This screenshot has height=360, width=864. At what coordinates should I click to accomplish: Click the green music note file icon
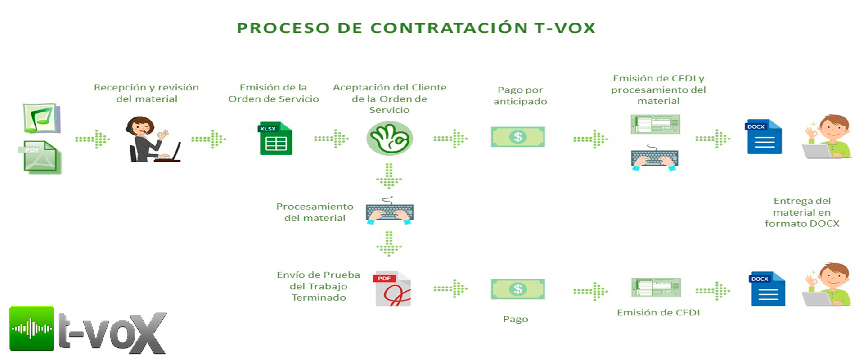[x=42, y=118]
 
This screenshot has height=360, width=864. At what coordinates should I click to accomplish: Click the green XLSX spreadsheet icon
[x=276, y=138]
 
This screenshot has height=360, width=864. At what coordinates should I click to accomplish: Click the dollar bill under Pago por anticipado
[x=517, y=137]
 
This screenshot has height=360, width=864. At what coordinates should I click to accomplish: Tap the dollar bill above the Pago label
[x=517, y=289]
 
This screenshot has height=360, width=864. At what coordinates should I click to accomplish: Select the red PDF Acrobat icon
[x=392, y=289]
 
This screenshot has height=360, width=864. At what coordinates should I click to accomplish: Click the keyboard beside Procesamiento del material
[x=389, y=211]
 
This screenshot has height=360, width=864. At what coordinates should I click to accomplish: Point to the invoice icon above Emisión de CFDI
[x=656, y=288]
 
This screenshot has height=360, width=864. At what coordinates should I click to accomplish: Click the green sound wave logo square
[x=32, y=328]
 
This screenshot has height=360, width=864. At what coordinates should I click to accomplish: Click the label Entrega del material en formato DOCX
[x=802, y=212]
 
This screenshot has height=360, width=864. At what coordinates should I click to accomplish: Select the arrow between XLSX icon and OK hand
[x=332, y=139]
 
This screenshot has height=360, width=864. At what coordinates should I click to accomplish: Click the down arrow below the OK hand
[x=389, y=175]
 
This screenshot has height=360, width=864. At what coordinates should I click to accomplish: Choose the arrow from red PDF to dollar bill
[x=450, y=288]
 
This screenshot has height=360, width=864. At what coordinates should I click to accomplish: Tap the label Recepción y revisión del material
[x=146, y=93]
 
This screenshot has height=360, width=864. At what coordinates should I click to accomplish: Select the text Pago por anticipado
[x=520, y=96]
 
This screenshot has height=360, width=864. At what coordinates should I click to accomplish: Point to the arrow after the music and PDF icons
[x=93, y=139]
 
